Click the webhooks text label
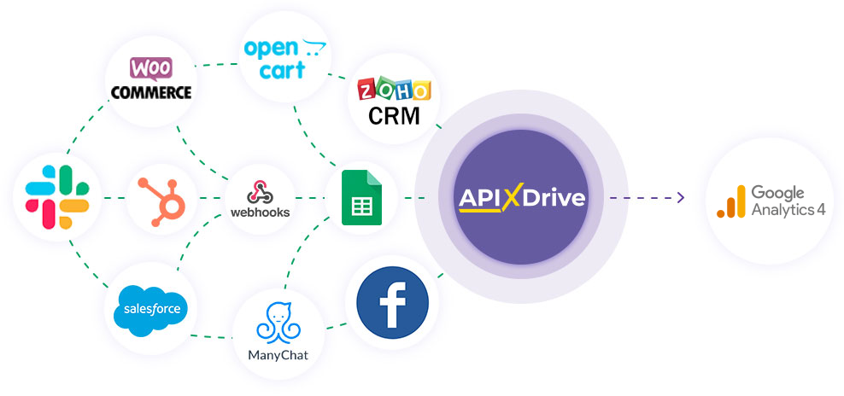[x=261, y=212]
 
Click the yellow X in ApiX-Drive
[x=511, y=199]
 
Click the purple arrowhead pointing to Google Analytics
[x=680, y=198]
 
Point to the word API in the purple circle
[x=480, y=199]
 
